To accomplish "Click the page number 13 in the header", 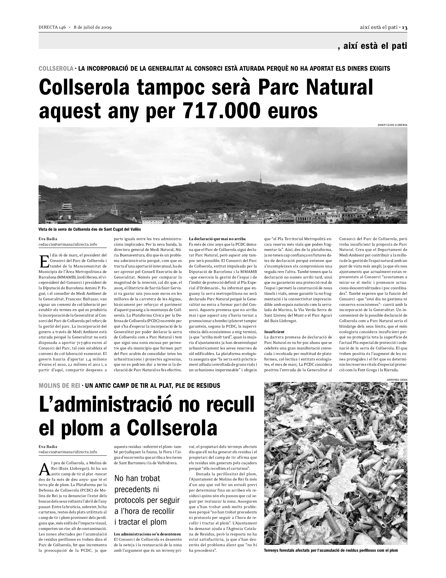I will (405, 28).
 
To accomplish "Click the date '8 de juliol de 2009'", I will (93, 28).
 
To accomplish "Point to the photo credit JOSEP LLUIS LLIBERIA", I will (392, 125).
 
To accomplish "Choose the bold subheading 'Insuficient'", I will (274, 332).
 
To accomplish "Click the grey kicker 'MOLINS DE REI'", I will (59, 386).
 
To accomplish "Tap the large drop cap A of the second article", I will (44, 469).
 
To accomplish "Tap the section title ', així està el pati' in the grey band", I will (372, 46).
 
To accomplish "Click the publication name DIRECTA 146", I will (52, 28).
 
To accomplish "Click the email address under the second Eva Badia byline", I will (68, 452).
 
